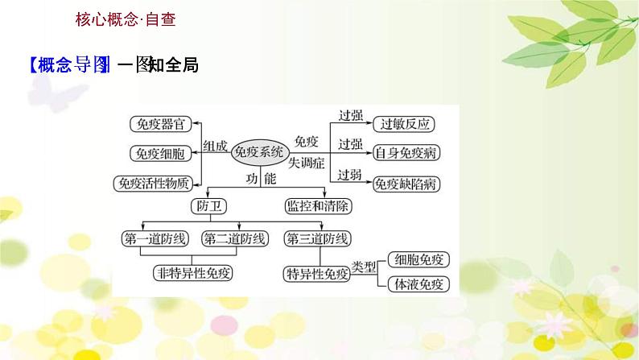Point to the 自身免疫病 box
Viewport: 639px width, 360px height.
[410, 153]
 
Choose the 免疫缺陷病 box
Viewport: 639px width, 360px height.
[410, 183]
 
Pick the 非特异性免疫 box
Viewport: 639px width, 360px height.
[193, 273]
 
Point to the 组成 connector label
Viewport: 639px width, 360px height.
[215, 145]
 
